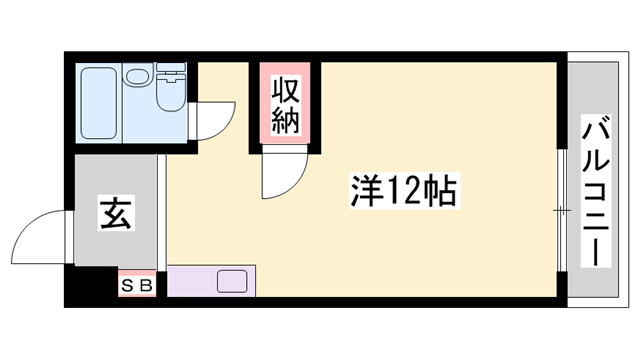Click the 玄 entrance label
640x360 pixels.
113,213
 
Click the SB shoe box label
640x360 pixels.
138,285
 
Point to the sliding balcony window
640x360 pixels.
562,210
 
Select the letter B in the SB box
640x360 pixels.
146,285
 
